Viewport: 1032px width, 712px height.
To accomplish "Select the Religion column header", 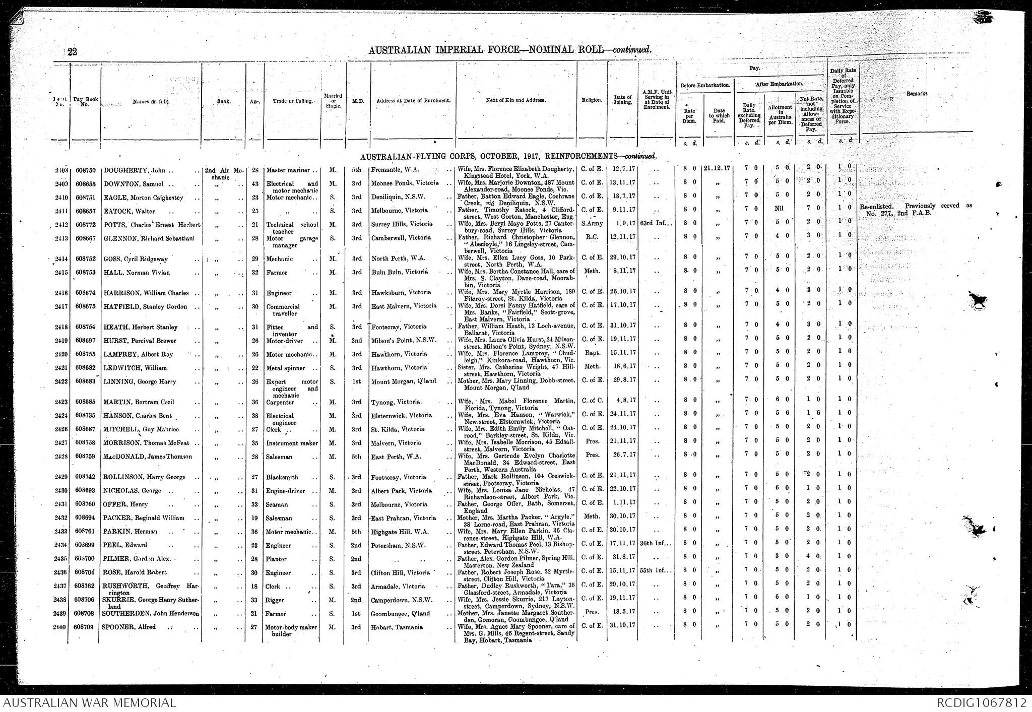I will (x=592, y=100).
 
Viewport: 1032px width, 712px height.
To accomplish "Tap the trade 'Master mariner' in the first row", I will (x=288, y=170).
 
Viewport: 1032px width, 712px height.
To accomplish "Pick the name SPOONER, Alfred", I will (x=130, y=627).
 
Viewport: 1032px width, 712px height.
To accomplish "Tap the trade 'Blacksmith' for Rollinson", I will (x=282, y=477).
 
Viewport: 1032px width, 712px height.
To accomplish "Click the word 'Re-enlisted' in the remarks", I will (x=879, y=206).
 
